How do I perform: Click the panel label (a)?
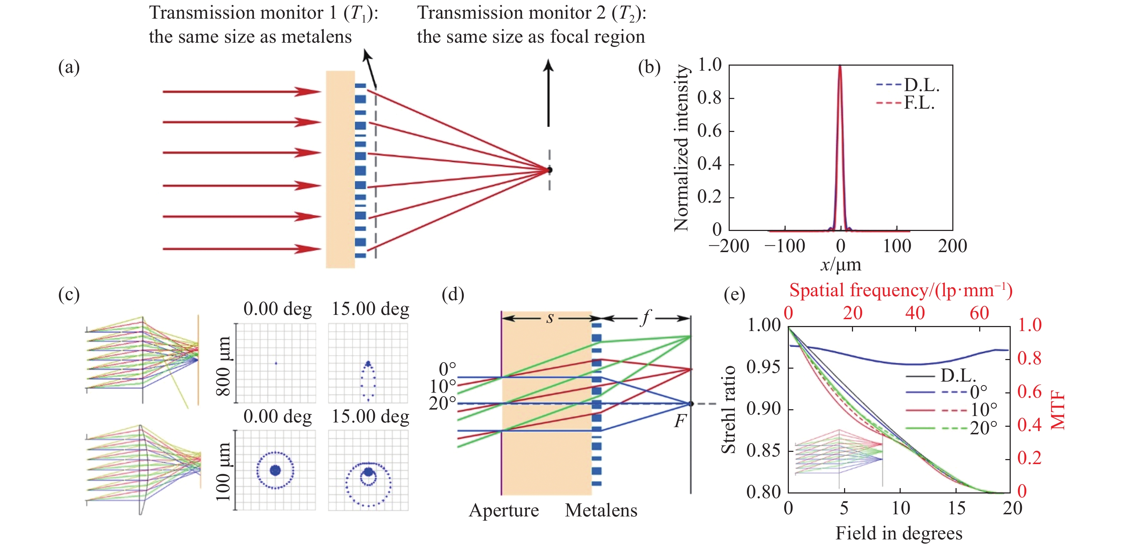pos(69,68)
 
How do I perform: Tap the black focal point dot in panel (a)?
pos(549,170)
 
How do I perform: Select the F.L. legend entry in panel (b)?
pos(919,103)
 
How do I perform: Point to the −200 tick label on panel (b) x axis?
pos(728,246)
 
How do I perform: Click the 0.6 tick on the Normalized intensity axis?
pos(709,131)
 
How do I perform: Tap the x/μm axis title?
pos(840,265)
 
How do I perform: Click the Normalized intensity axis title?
pos(681,148)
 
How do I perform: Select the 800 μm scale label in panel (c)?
pos(224,366)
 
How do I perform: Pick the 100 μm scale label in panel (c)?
pos(224,471)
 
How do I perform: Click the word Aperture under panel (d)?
pos(504,511)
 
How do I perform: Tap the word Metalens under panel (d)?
pos(601,511)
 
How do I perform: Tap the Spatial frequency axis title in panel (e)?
pos(901,290)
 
